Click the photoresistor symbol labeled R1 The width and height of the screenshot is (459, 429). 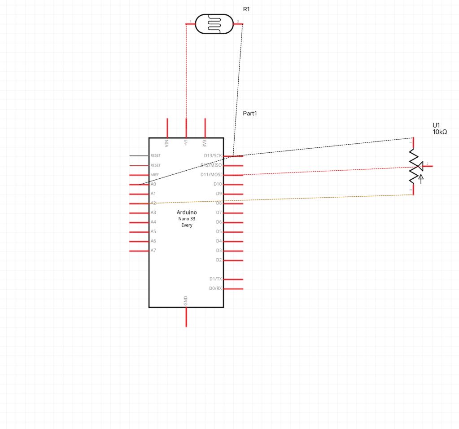click(x=214, y=23)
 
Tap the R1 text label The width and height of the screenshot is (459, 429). click(x=246, y=9)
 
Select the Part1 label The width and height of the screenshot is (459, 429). click(x=250, y=114)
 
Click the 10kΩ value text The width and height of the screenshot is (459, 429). click(x=440, y=132)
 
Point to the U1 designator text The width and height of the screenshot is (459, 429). click(x=437, y=125)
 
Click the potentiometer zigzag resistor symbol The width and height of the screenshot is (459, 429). click(x=413, y=166)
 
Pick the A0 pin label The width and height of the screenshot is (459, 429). click(x=153, y=184)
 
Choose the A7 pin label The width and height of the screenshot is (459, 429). click(x=153, y=251)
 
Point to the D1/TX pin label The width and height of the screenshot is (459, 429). click(x=215, y=279)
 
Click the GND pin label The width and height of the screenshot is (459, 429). click(x=186, y=301)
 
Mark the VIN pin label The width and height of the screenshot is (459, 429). click(x=167, y=144)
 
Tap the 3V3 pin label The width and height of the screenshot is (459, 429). click(x=205, y=144)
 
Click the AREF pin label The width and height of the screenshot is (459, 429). click(x=155, y=175)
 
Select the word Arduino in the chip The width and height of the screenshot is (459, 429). click(x=187, y=212)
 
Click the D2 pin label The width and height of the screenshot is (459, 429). click(x=219, y=260)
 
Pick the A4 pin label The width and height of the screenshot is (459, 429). click(x=153, y=222)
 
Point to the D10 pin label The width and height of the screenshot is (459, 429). click(x=218, y=184)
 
